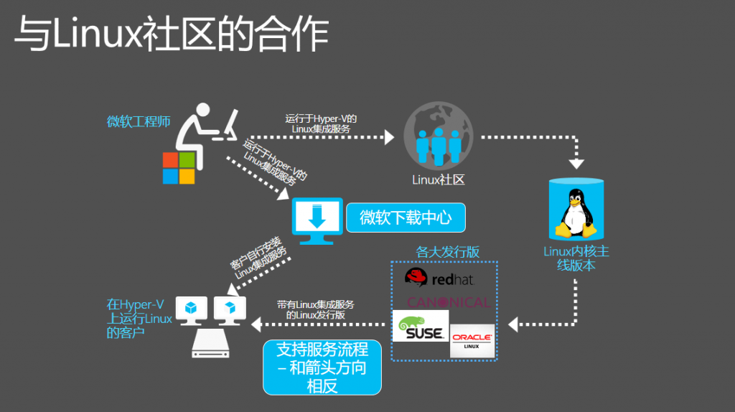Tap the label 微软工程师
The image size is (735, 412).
tap(139, 121)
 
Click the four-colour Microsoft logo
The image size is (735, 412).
tap(178, 168)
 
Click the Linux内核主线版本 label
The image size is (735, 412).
tap(576, 258)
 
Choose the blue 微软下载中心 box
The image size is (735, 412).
tap(406, 217)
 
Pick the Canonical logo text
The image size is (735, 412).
tap(448, 302)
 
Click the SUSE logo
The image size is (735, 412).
tap(421, 326)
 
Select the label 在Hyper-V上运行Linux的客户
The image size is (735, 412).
tap(139, 319)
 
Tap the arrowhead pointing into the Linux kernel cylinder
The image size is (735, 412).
tap(577, 164)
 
